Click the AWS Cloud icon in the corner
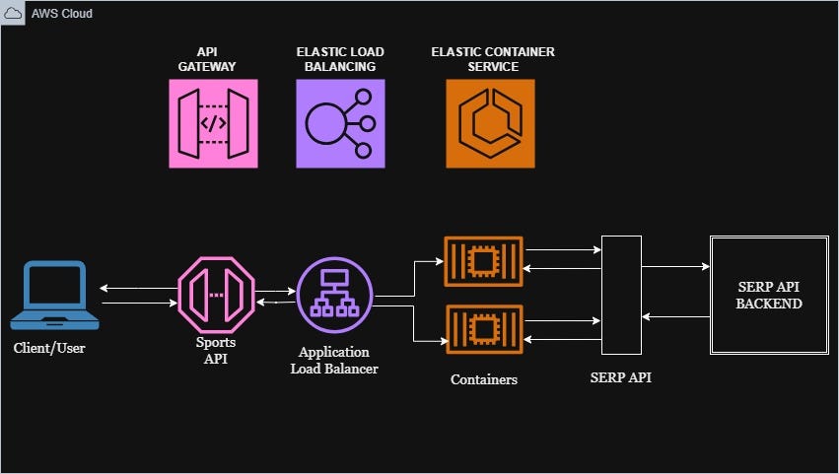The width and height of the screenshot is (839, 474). pos(15,14)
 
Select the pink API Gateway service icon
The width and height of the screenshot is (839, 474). pos(213,124)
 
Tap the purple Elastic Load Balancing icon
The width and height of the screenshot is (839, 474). pos(340,124)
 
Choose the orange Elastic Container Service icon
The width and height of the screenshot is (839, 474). pos(490,124)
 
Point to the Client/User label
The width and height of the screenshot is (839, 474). pos(49,348)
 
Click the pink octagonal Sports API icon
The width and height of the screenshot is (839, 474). pos(216,295)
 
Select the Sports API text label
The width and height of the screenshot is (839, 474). pos(216,350)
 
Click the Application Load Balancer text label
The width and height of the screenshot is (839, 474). pos(334,360)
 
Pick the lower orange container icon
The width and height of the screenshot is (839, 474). pos(483,329)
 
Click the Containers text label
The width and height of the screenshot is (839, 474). pos(483,378)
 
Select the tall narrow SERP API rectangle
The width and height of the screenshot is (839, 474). pos(621,295)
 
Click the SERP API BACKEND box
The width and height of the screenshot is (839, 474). pos(769,295)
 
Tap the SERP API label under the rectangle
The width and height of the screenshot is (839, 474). pos(620,377)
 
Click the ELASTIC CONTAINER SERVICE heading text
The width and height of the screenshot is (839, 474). pos(489,59)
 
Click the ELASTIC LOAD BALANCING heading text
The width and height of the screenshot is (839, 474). pos(340,59)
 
